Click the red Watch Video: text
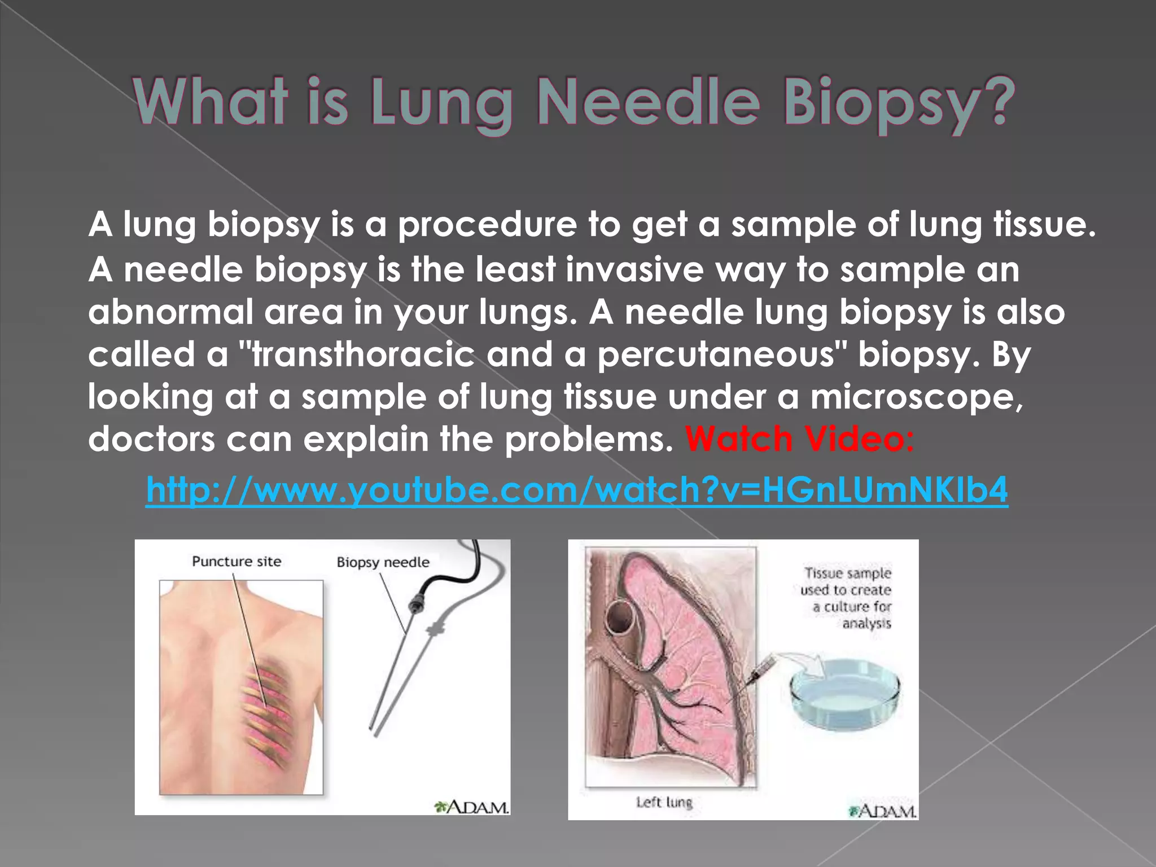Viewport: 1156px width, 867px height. click(799, 439)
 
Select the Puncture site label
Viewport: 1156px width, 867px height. click(237, 562)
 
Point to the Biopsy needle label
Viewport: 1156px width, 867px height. click(383, 562)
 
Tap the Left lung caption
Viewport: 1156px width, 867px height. click(664, 802)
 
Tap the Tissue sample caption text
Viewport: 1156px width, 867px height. click(847, 598)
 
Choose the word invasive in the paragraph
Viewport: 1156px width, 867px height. click(634, 269)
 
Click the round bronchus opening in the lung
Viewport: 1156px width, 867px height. click(619, 617)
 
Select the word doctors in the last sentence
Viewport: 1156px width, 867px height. click(151, 439)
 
